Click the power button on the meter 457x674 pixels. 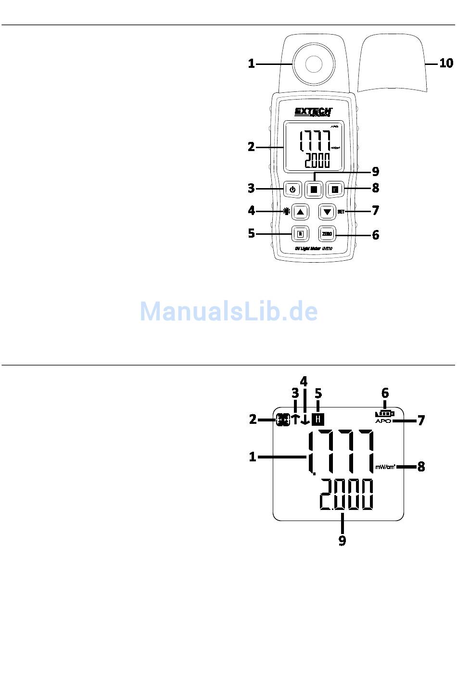click(x=292, y=189)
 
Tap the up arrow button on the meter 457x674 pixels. click(x=301, y=212)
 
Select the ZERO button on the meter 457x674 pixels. click(x=327, y=234)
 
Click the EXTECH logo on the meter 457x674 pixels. click(x=313, y=112)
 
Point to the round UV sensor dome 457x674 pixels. click(x=312, y=64)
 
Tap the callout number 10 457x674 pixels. click(x=446, y=63)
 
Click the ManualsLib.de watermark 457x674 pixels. click(x=228, y=311)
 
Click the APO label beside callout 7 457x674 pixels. click(x=383, y=421)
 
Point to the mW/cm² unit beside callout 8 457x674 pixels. click(x=385, y=466)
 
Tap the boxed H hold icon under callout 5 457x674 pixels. click(x=318, y=419)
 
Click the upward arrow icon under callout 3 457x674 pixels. click(x=295, y=419)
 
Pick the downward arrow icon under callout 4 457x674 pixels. click(x=305, y=420)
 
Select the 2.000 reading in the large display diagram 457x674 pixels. click(x=346, y=495)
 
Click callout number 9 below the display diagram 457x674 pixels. click(x=342, y=541)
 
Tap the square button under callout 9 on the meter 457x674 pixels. click(x=314, y=190)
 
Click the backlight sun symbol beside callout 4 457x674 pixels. click(x=287, y=211)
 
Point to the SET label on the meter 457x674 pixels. click(x=341, y=212)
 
